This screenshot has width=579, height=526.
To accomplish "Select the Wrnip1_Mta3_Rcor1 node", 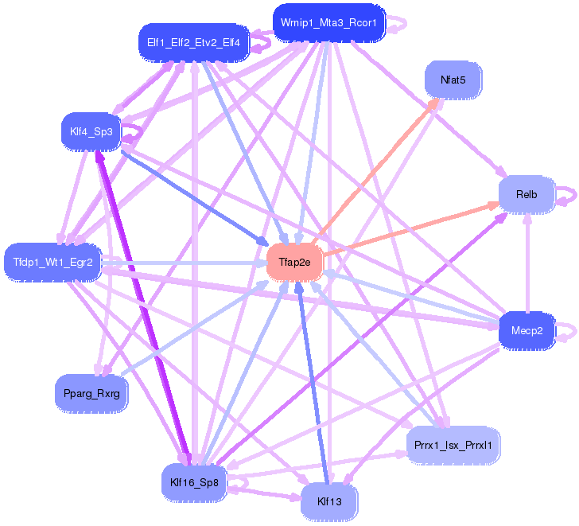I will pyautogui.click(x=329, y=22).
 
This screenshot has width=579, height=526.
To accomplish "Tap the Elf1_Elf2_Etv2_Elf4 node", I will pyautogui.click(x=193, y=41).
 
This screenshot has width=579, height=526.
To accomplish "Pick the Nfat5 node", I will pyautogui.click(x=452, y=80).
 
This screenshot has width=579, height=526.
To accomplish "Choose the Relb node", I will pyautogui.click(x=526, y=194).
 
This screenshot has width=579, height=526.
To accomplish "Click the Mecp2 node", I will pyautogui.click(x=527, y=330).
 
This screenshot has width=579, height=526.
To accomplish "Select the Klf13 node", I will pyautogui.click(x=328, y=502).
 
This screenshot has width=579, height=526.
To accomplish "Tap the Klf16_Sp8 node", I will pyautogui.click(x=194, y=481).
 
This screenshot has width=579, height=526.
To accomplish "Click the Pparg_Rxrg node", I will pyautogui.click(x=91, y=392).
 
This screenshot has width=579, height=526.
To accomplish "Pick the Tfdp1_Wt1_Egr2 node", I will pyautogui.click(x=52, y=262).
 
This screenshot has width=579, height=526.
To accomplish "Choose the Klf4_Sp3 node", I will pyautogui.click(x=91, y=131).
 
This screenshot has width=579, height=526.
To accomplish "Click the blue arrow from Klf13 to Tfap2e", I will pyautogui.click(x=313, y=382).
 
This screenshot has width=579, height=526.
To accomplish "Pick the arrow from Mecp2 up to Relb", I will pyautogui.click(x=527, y=263).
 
